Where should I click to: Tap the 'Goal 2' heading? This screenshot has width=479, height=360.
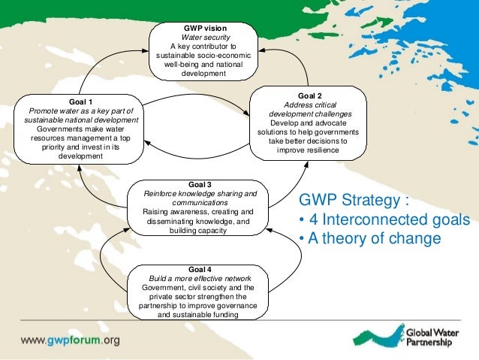[309, 95]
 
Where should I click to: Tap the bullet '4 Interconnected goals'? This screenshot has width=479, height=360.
[384, 220]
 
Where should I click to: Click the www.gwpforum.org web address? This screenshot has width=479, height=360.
[70, 340]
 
